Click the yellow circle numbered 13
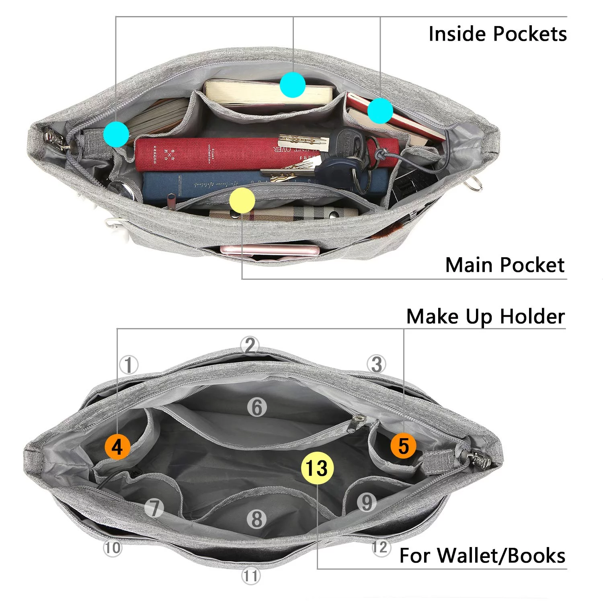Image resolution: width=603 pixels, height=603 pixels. (318, 468)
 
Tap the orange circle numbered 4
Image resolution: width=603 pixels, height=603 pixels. (117, 447)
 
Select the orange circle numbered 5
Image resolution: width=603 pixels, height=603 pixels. (404, 446)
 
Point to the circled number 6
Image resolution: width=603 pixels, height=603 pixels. (257, 408)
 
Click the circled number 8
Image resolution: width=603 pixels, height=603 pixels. (257, 519)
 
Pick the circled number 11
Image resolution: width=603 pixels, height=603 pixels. (250, 576)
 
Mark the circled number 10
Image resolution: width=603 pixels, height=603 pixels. (113, 548)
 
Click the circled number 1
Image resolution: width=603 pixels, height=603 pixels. (129, 365)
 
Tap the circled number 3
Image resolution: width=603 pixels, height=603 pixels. (377, 364)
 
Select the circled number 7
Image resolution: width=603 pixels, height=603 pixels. (154, 508)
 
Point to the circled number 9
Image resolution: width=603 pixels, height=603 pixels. (367, 503)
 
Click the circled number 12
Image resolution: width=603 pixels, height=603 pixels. (380, 547)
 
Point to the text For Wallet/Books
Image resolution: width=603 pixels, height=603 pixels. (482, 556)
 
